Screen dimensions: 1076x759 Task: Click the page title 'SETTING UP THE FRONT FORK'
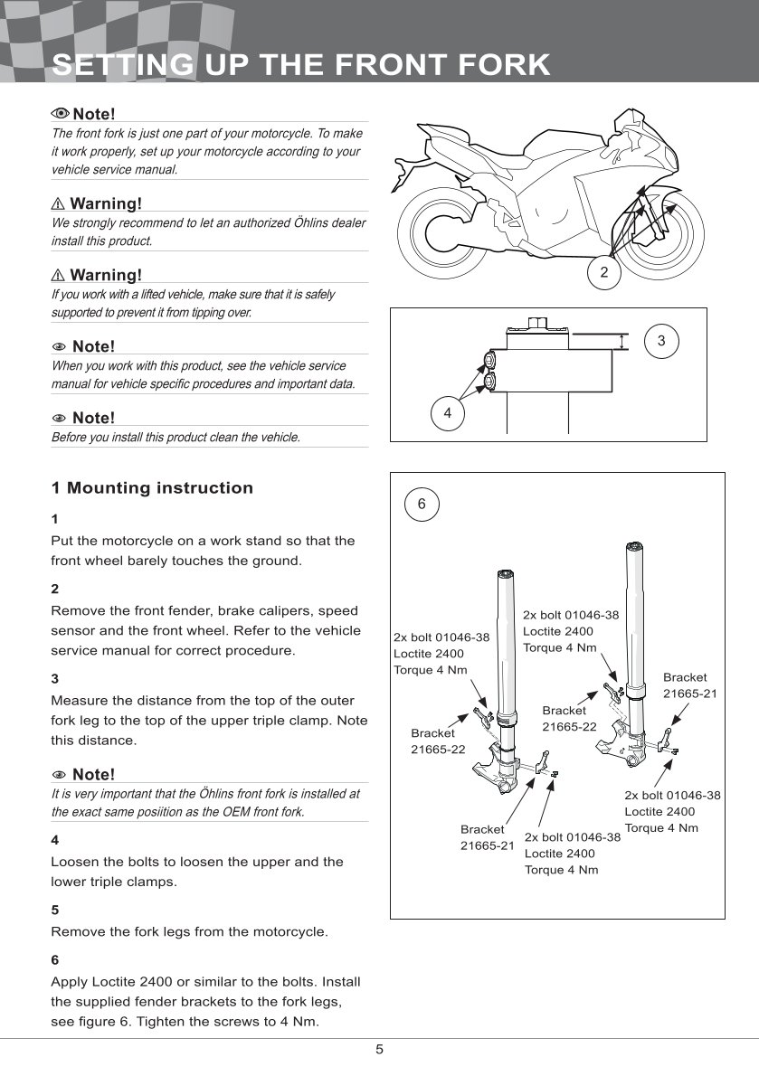point(300,65)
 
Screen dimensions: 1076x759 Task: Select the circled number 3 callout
point(661,341)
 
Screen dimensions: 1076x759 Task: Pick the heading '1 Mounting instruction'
point(152,488)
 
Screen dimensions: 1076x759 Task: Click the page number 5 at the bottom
point(380,1049)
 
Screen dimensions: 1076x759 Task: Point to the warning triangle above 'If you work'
point(58,275)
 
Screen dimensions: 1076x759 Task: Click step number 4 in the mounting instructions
point(55,839)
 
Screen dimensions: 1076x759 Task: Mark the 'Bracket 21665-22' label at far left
point(438,741)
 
